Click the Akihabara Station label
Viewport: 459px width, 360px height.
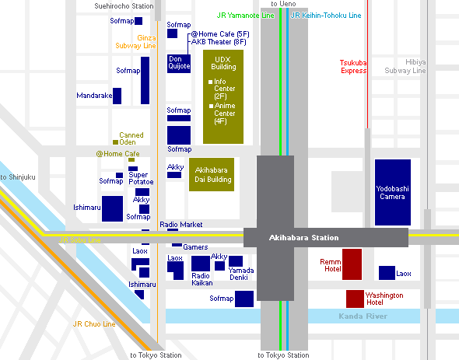[x=303, y=238]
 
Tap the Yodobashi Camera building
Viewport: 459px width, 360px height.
[x=393, y=192]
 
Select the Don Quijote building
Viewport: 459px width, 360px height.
[x=179, y=64]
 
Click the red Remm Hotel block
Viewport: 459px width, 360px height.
[x=352, y=264]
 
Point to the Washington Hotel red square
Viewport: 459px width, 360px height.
[x=355, y=299]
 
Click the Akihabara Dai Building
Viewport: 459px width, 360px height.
[x=212, y=174]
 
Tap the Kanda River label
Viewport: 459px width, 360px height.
[x=363, y=316]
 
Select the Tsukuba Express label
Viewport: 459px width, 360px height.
[x=353, y=67]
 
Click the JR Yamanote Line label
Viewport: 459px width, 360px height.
[x=245, y=16]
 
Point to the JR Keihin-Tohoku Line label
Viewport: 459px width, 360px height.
[x=326, y=16]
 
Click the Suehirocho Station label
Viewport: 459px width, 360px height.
[x=124, y=6]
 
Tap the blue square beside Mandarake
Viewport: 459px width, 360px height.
[x=117, y=96]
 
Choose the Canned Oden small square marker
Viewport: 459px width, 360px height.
[x=115, y=142]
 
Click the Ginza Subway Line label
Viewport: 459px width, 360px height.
[x=135, y=42]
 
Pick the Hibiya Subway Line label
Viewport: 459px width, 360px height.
[x=405, y=66]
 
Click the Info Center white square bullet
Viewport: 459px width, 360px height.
[x=210, y=82]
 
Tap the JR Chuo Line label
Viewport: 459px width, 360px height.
[x=94, y=324]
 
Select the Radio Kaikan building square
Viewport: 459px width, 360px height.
[x=201, y=264]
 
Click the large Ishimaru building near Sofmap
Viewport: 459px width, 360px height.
[x=112, y=208]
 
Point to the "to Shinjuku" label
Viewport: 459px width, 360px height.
[x=18, y=177]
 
